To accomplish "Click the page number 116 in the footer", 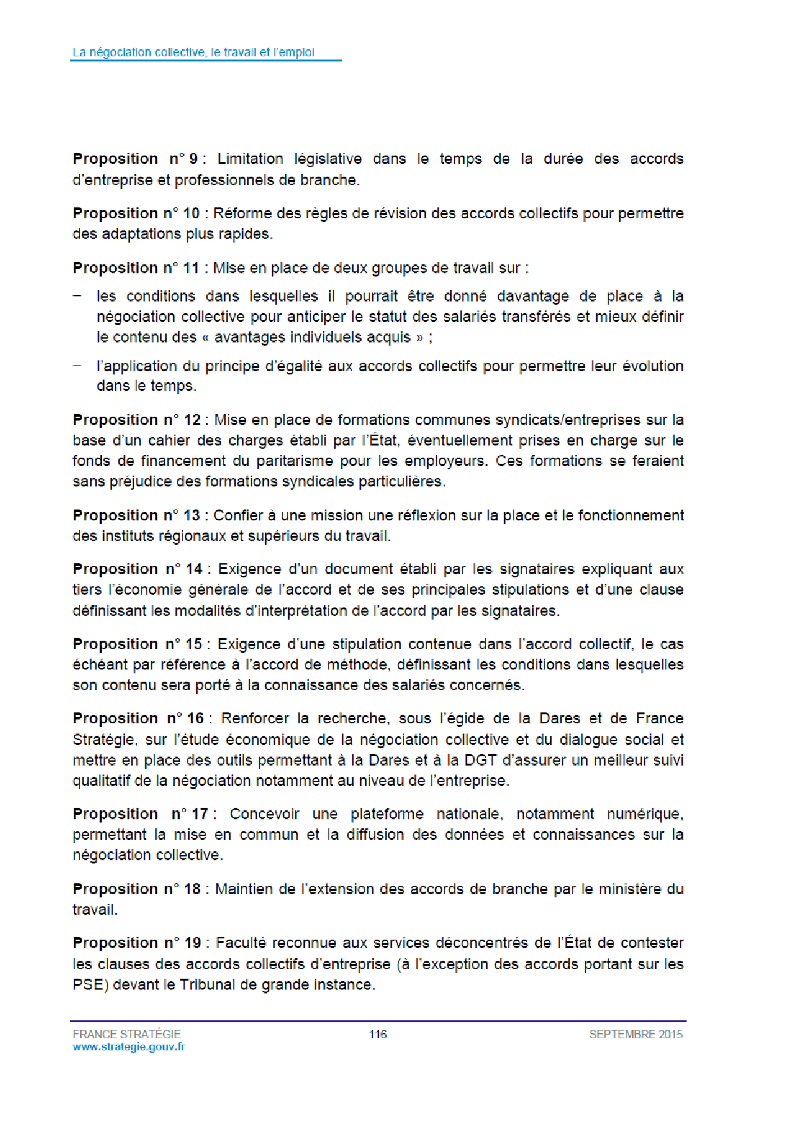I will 378,1034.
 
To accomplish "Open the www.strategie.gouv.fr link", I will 129,1047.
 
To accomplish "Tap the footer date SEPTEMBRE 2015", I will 636,1034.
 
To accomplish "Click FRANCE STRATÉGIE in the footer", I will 127,1034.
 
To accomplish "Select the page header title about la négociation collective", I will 193,52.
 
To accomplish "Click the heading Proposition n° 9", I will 136,159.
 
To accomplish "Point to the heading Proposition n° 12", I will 137,420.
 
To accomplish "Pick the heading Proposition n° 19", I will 137,943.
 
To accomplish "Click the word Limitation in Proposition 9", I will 250,159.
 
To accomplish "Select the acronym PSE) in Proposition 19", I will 90,984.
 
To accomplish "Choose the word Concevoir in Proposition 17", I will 265,814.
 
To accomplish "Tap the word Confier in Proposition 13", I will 238,515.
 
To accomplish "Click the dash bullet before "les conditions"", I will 77,296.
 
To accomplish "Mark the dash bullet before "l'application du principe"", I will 77,366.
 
